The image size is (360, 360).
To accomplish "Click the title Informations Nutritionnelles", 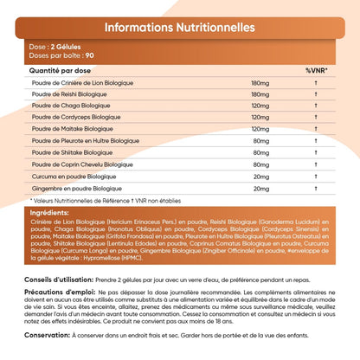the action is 179,27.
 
